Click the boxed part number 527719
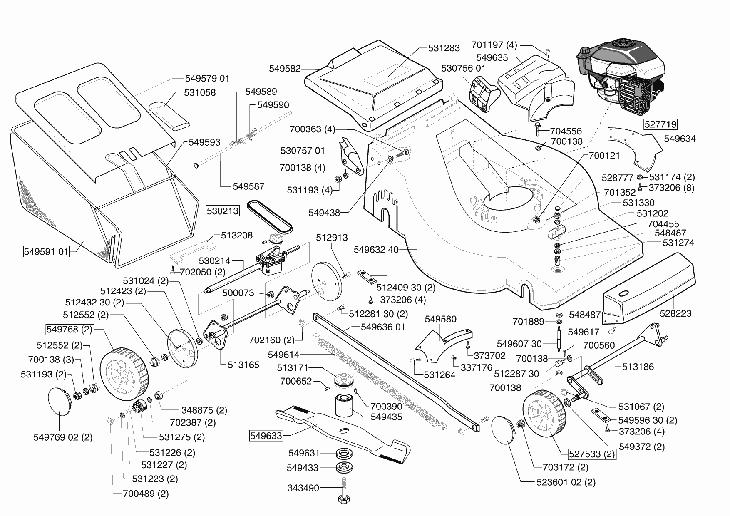click(660, 124)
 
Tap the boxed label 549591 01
click(46, 252)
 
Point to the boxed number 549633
click(266, 436)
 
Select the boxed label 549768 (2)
click(69, 330)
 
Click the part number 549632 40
click(376, 250)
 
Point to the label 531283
click(444, 48)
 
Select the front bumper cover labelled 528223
click(649, 291)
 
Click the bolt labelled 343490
click(345, 491)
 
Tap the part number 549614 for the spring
click(283, 355)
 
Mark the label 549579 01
click(207, 79)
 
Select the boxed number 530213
click(223, 211)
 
